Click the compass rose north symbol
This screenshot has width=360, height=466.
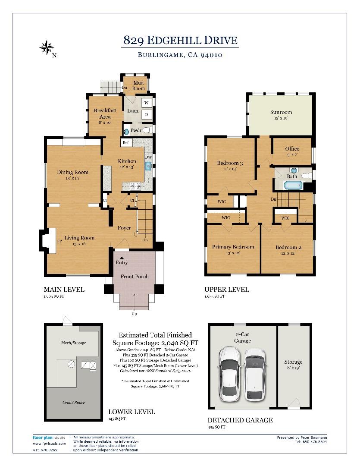click(47, 47)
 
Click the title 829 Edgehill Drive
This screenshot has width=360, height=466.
click(180, 41)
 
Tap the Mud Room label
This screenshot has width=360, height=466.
click(138, 85)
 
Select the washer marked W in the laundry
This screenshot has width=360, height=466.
click(146, 103)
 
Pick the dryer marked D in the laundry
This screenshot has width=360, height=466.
click(146, 115)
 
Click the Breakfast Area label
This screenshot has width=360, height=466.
click(105, 113)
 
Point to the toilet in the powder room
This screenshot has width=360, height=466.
click(147, 129)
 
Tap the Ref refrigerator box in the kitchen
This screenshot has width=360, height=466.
click(126, 142)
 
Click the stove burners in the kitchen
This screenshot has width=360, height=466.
click(135, 186)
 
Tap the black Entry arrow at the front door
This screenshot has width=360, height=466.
click(121, 258)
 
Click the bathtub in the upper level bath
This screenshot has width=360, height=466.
click(293, 186)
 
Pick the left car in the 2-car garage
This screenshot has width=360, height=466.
click(229, 373)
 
